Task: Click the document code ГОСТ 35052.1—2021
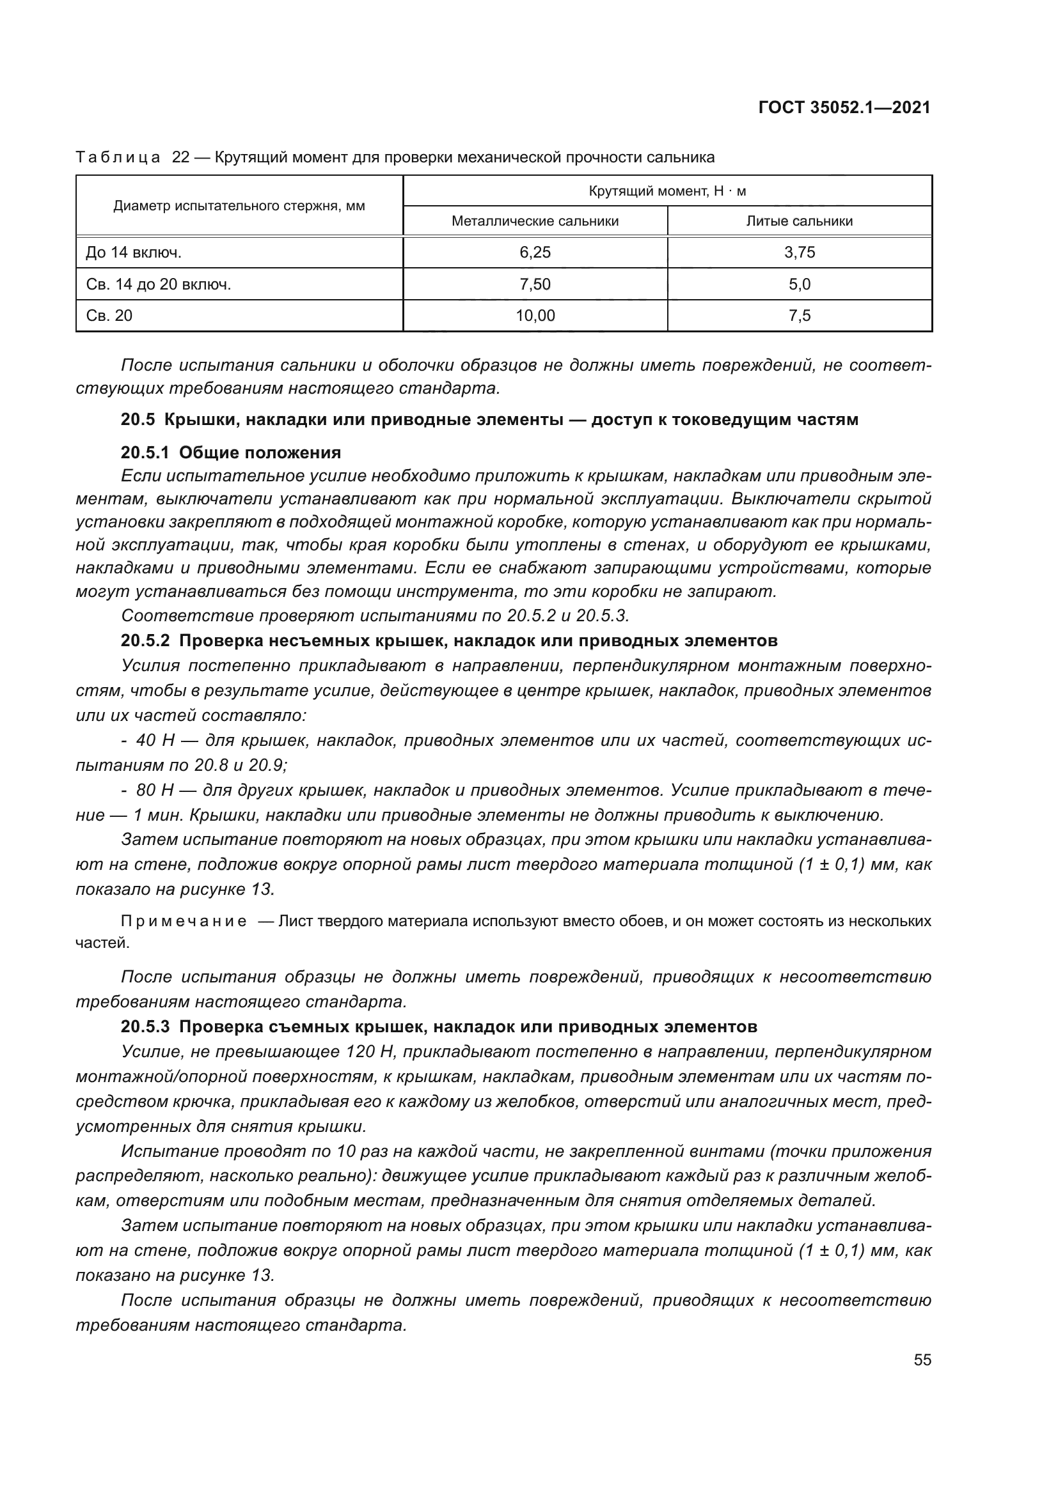[844, 107]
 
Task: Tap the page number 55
[922, 1360]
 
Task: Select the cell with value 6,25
[535, 252]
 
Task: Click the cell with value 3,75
[800, 252]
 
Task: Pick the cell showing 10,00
[535, 316]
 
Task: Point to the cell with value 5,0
[800, 284]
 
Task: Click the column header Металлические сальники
[535, 221]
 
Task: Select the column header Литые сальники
[800, 221]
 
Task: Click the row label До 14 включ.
[134, 252]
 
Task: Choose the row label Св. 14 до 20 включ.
[158, 284]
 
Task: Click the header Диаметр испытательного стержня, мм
[239, 206]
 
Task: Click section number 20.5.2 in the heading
[145, 640]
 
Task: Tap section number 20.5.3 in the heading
[145, 1027]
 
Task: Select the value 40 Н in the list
[154, 740]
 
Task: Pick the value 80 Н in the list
[154, 791]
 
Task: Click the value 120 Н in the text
[358, 1051]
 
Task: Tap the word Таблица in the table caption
[118, 158]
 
